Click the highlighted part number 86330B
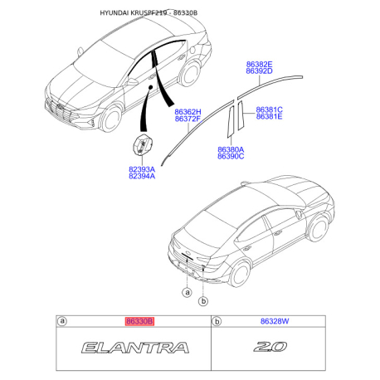click(139, 321)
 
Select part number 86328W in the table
click(275, 321)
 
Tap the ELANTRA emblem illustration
click(135, 348)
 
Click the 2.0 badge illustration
click(270, 347)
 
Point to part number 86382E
click(259, 65)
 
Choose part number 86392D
click(259, 71)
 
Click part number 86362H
click(188, 112)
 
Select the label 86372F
click(188, 119)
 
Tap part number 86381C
click(269, 110)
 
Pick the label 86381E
click(269, 116)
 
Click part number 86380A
click(231, 149)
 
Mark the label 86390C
click(231, 156)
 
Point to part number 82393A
click(142, 169)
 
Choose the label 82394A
click(142, 176)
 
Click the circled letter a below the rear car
click(188, 292)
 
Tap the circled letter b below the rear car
click(203, 300)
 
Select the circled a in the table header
click(62, 321)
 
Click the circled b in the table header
click(217, 321)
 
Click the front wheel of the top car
click(111, 118)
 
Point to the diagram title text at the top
click(149, 12)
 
